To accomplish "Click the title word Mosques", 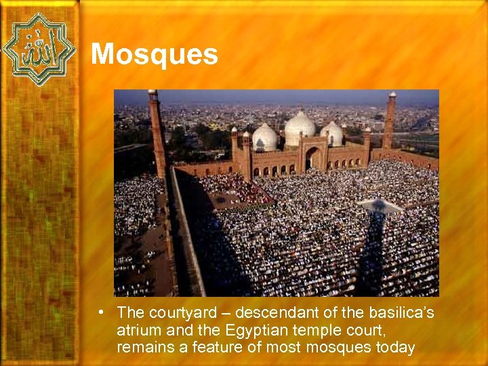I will pyautogui.click(x=154, y=54).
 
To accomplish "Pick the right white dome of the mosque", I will pyautogui.click(x=332, y=134).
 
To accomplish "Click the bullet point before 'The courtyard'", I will pyautogui.click(x=100, y=313).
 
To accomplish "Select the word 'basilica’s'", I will pyautogui.click(x=400, y=314).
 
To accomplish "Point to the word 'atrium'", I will pyautogui.click(x=136, y=331).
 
